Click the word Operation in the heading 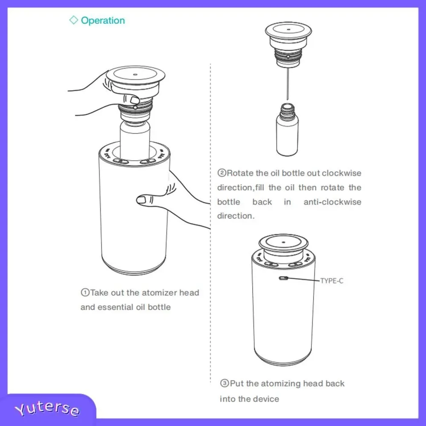coord(103,20)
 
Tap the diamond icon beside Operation coord(74,20)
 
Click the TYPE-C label coord(332,281)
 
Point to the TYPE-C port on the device coord(284,278)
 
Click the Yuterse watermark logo coord(47,409)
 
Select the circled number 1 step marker coord(85,293)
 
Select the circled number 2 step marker coord(222,173)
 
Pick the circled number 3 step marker coord(225,383)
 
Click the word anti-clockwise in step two coord(332,202)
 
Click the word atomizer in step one coord(159,293)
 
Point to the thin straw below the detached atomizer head coord(288,83)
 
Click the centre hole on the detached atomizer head coord(288,29)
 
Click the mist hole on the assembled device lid coord(283,242)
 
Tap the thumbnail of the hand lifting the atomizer coord(135,100)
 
